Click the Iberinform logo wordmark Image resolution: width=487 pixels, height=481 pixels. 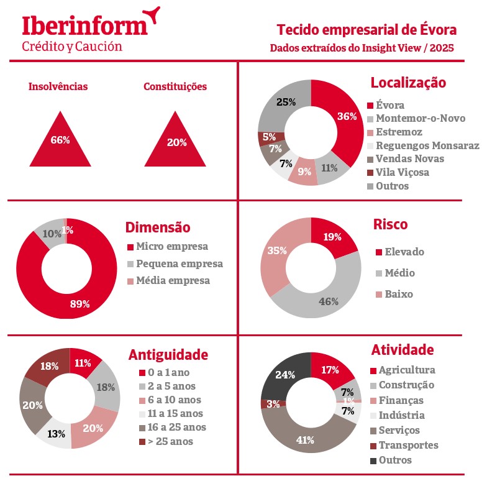pyautogui.click(x=85, y=25)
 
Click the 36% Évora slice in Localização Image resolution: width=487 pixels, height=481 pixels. pyautogui.click(x=346, y=117)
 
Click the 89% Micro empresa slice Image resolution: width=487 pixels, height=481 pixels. pyautogui.click(x=81, y=303)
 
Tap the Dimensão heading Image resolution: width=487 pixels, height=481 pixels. pyautogui.click(x=157, y=227)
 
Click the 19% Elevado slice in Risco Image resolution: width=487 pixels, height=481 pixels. pyautogui.click(x=332, y=237)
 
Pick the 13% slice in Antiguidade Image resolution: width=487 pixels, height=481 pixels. pyautogui.click(x=55, y=434)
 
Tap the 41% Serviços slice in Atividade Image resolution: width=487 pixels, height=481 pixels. pyautogui.click(x=306, y=439)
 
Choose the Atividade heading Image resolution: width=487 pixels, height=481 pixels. pyautogui.click(x=402, y=350)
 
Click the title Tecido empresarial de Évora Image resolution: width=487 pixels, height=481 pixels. pyautogui.click(x=366, y=30)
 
